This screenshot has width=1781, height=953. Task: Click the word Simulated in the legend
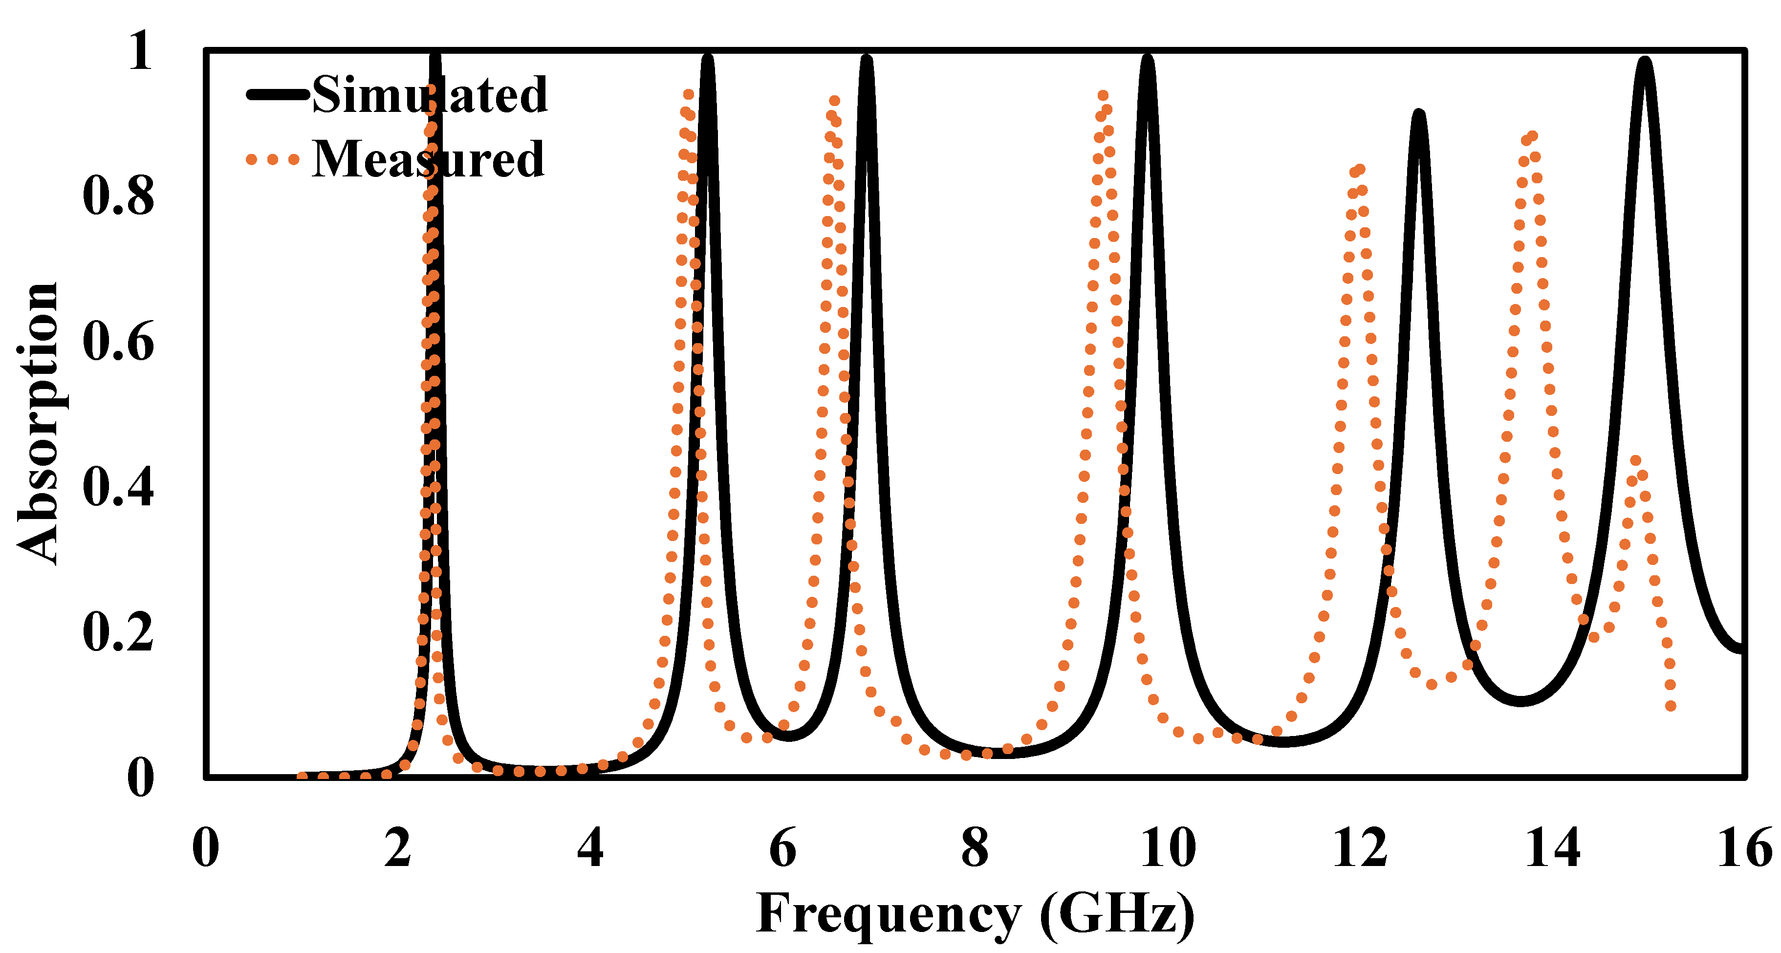point(429,95)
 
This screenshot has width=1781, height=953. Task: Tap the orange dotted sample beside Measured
point(272,160)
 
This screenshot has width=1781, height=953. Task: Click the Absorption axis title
point(38,423)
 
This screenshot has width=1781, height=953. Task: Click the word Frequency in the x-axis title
point(889,914)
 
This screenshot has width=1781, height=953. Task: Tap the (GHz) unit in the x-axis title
point(1117,914)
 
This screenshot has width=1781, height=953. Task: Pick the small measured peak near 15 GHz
point(1636,460)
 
